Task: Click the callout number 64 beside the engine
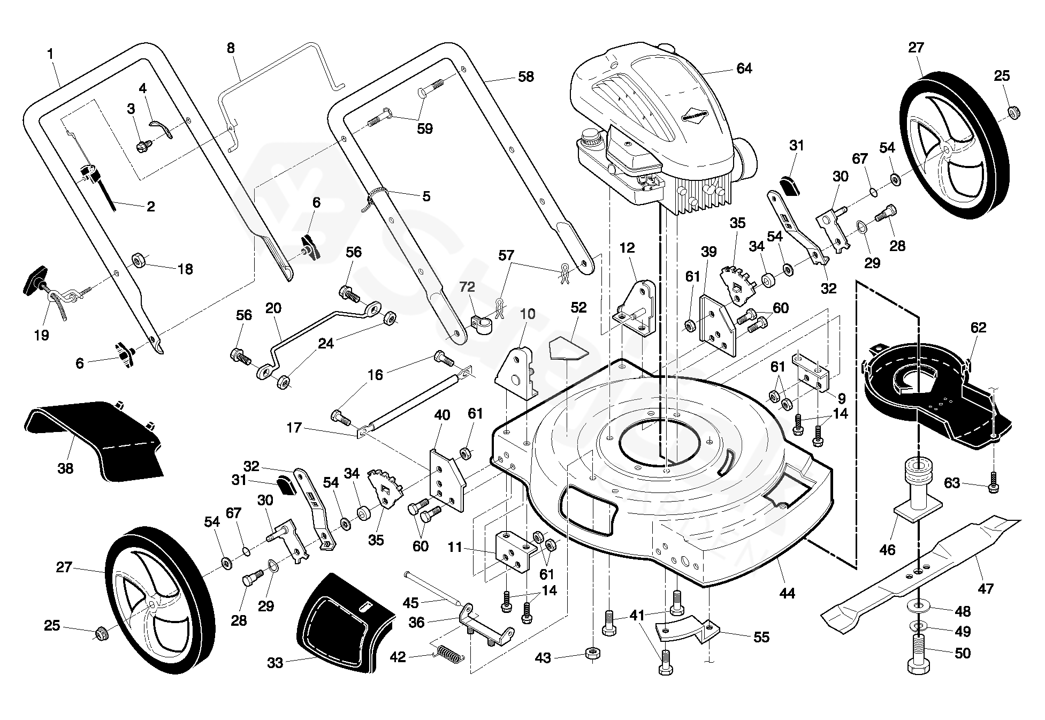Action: pos(744,69)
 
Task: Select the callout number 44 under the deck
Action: pos(787,593)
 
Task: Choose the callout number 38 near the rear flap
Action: pos(65,468)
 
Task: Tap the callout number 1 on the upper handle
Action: pos(50,54)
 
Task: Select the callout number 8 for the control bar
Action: pos(231,48)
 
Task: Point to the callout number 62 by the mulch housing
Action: pos(978,328)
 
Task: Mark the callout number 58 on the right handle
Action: pos(526,77)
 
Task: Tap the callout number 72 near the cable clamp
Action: pos(467,287)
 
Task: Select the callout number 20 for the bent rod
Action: pos(273,308)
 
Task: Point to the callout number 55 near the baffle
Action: pos(761,637)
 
